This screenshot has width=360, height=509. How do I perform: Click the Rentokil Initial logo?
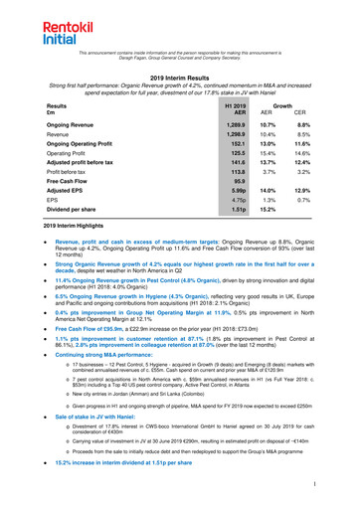[32, 22]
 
